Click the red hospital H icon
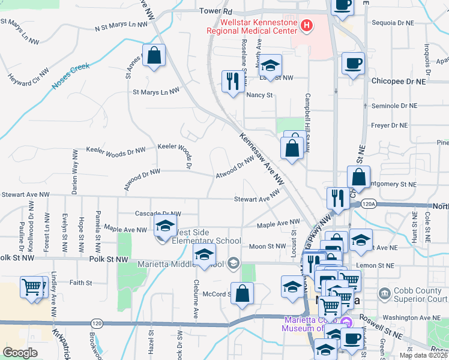click(x=307, y=25)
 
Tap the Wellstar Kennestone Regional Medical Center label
click(x=252, y=26)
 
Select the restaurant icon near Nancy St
click(x=232, y=81)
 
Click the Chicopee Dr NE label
click(x=398, y=80)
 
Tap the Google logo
click(x=20, y=353)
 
